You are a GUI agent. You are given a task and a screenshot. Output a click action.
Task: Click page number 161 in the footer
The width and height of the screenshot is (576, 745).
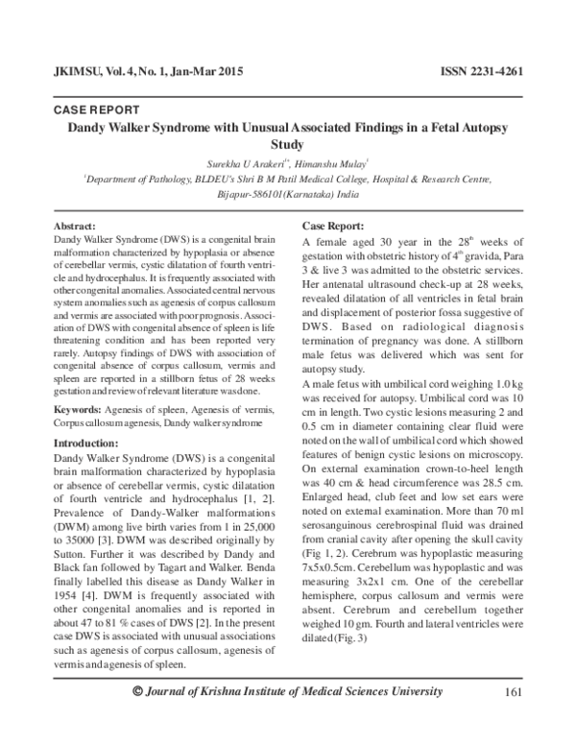[x=511, y=718]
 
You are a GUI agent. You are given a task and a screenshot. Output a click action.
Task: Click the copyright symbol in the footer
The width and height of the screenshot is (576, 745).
[x=138, y=718]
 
